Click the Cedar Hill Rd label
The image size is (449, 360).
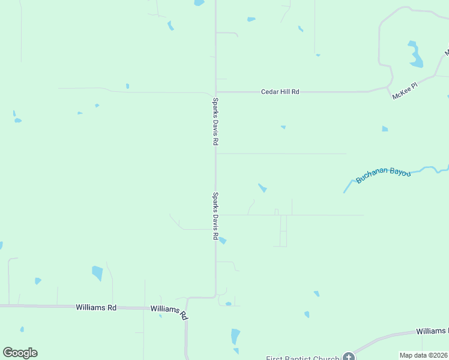pos(280,92)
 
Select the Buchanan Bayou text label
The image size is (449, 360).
pos(383,175)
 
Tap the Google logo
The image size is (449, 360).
pos(20,353)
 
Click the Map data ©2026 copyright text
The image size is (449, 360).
pos(424,355)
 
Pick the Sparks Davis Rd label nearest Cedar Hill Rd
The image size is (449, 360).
pos(215,122)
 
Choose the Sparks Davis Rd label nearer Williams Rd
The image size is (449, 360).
pos(215,216)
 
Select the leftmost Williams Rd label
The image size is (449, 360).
pos(96,307)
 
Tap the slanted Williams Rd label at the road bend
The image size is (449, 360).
pos(169,312)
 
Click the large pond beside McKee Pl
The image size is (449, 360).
pos(415,55)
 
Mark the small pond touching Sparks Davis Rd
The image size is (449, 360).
pos(222,241)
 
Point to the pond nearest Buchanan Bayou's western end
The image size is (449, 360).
pos(262,188)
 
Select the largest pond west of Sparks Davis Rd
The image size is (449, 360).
pos(97,273)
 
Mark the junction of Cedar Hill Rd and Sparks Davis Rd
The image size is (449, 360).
pos(215,92)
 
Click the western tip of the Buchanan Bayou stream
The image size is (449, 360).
pos(344,192)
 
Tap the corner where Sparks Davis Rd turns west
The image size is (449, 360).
pos(215,296)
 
